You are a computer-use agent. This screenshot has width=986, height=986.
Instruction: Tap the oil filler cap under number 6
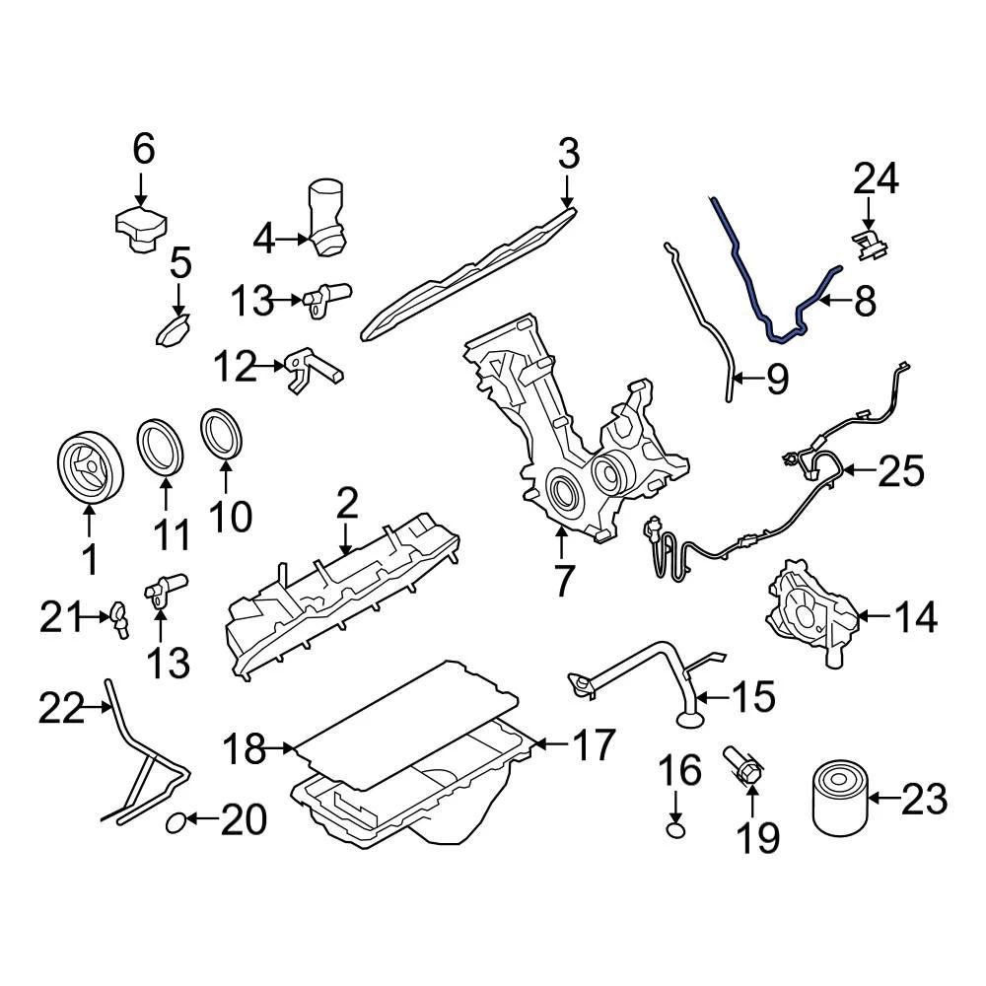point(137,229)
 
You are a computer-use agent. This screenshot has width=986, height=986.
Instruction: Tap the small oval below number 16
point(675,830)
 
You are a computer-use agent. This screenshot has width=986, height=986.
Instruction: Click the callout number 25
point(901,471)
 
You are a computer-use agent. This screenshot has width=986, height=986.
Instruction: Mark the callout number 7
point(562,579)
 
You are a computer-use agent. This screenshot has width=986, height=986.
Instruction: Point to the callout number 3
point(569,154)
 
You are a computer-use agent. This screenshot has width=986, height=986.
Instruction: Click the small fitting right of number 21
point(120,619)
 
